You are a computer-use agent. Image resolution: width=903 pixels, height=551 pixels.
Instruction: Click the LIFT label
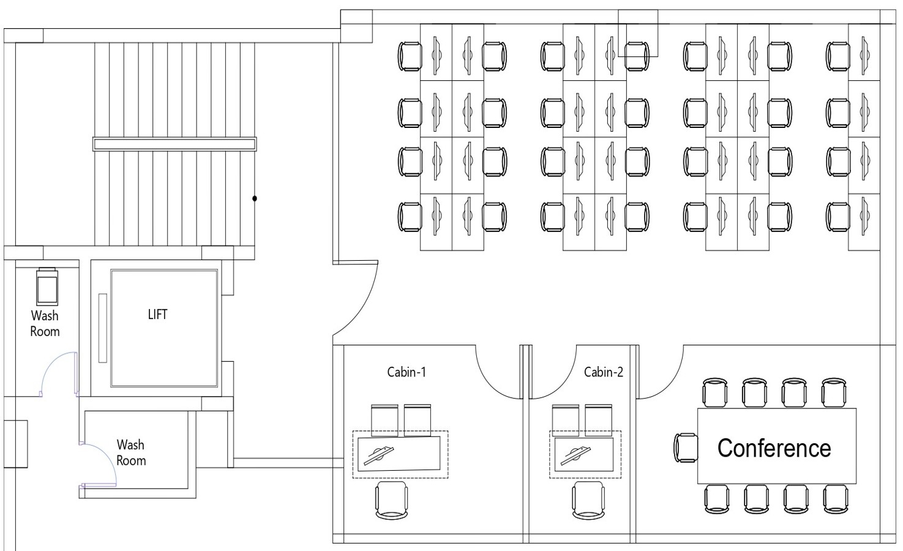(157, 315)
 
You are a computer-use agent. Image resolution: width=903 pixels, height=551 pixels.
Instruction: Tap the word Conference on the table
(774, 448)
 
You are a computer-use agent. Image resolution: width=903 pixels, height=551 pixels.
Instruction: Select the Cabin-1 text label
(407, 372)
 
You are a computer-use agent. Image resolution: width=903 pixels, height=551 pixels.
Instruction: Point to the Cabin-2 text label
(604, 372)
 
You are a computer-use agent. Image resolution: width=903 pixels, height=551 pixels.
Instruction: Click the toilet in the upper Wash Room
(47, 286)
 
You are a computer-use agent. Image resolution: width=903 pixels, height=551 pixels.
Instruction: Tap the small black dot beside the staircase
(255, 198)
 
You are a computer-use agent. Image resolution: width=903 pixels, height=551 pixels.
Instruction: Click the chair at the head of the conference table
(686, 448)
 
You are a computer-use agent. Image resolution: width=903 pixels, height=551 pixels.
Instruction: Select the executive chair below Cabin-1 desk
(391, 500)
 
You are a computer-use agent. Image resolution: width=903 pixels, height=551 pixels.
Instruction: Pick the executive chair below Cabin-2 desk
(588, 500)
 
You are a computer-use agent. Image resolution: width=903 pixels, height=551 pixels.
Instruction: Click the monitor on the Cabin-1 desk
(378, 456)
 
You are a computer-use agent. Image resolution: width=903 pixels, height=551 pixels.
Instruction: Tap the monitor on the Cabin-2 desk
(575, 456)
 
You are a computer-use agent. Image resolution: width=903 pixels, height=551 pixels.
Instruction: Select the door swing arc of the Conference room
(670, 384)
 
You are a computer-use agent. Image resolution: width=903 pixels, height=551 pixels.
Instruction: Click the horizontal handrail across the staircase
(174, 144)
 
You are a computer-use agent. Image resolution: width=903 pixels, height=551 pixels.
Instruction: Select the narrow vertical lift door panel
(103, 328)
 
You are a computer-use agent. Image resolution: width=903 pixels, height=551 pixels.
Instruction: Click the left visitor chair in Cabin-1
(384, 421)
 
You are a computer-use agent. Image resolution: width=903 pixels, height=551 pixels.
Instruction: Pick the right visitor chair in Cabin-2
(599, 421)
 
